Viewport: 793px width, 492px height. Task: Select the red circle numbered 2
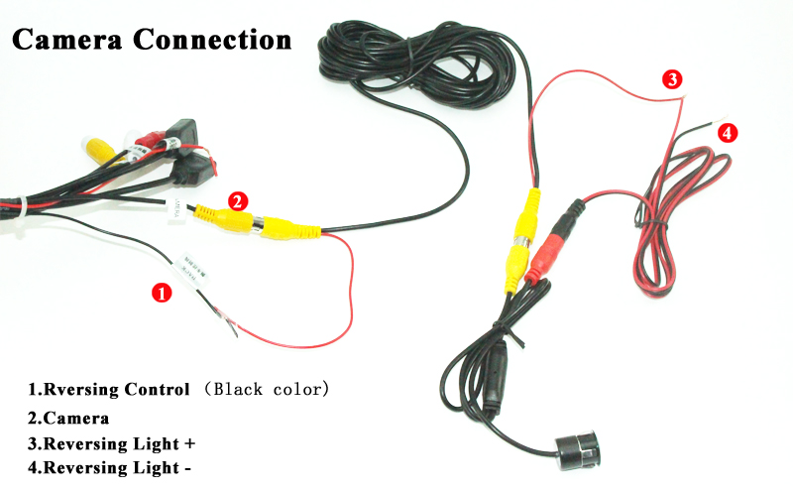click(237, 200)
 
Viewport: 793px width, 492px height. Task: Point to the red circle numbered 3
click(672, 79)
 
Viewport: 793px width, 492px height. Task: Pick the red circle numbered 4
click(728, 132)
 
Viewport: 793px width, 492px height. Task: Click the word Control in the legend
click(160, 388)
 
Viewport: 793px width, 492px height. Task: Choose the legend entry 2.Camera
click(68, 418)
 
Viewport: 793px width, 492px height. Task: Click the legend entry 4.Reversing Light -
click(109, 466)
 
